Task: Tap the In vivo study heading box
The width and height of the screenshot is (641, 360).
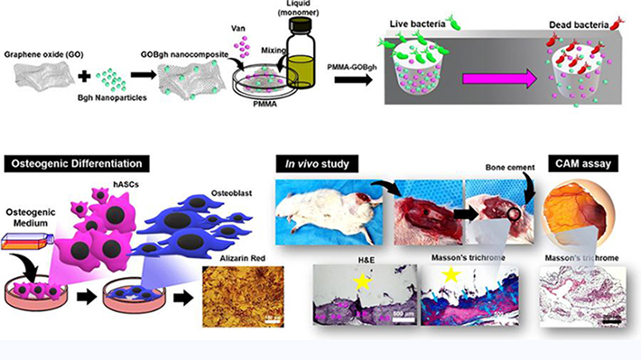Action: click(x=317, y=163)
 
